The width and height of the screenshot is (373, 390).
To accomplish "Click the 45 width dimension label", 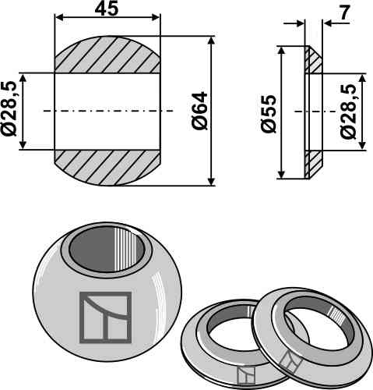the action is [107, 9].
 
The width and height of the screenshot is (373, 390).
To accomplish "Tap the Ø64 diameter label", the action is [199, 111].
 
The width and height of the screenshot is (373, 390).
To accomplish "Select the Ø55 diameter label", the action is [269, 114].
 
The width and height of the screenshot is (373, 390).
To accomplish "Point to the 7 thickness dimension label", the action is [344, 12].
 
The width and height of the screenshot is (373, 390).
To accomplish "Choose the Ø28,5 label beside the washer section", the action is [348, 112].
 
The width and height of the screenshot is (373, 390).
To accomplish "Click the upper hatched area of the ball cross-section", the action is [107, 55].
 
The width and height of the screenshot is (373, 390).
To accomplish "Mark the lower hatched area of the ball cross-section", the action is [107, 168].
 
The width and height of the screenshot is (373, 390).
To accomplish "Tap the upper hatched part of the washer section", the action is [313, 60].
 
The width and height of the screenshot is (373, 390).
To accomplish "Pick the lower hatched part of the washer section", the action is [313, 164].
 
